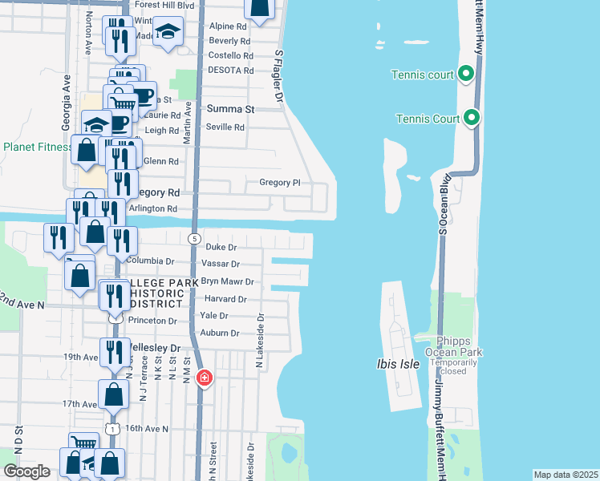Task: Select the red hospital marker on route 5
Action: click(205, 377)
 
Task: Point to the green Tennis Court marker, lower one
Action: click(472, 119)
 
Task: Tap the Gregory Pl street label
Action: click(279, 182)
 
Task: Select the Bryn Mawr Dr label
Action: click(227, 281)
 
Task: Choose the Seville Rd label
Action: click(225, 127)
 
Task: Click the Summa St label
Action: click(230, 109)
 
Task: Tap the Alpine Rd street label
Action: click(227, 26)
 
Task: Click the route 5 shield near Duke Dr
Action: click(194, 239)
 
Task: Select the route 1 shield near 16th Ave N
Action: click(113, 429)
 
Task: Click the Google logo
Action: click(26, 471)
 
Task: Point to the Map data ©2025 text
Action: click(566, 475)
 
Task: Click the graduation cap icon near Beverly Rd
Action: click(168, 32)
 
